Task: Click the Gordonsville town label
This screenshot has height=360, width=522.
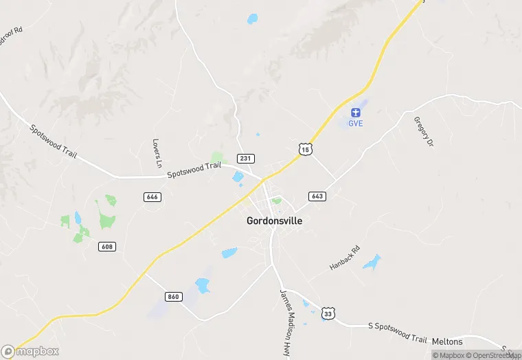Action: (x=274, y=221)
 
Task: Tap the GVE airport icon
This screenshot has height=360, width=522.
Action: (x=355, y=112)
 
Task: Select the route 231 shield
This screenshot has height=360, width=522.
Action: (x=245, y=158)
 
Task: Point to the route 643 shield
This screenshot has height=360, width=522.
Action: (x=317, y=196)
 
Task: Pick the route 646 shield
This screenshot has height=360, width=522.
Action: (x=152, y=196)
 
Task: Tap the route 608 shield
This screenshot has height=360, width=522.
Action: (x=106, y=247)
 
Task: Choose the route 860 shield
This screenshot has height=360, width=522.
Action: (x=173, y=296)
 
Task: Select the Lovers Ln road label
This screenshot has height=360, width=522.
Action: (x=157, y=154)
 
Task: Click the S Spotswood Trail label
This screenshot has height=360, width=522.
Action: (x=398, y=333)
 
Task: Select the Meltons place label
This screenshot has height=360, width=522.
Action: (x=448, y=341)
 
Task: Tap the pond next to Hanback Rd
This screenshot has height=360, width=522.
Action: (x=372, y=262)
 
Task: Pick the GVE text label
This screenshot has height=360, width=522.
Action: (x=355, y=124)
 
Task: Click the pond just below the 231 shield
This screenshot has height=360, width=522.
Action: (x=238, y=177)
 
